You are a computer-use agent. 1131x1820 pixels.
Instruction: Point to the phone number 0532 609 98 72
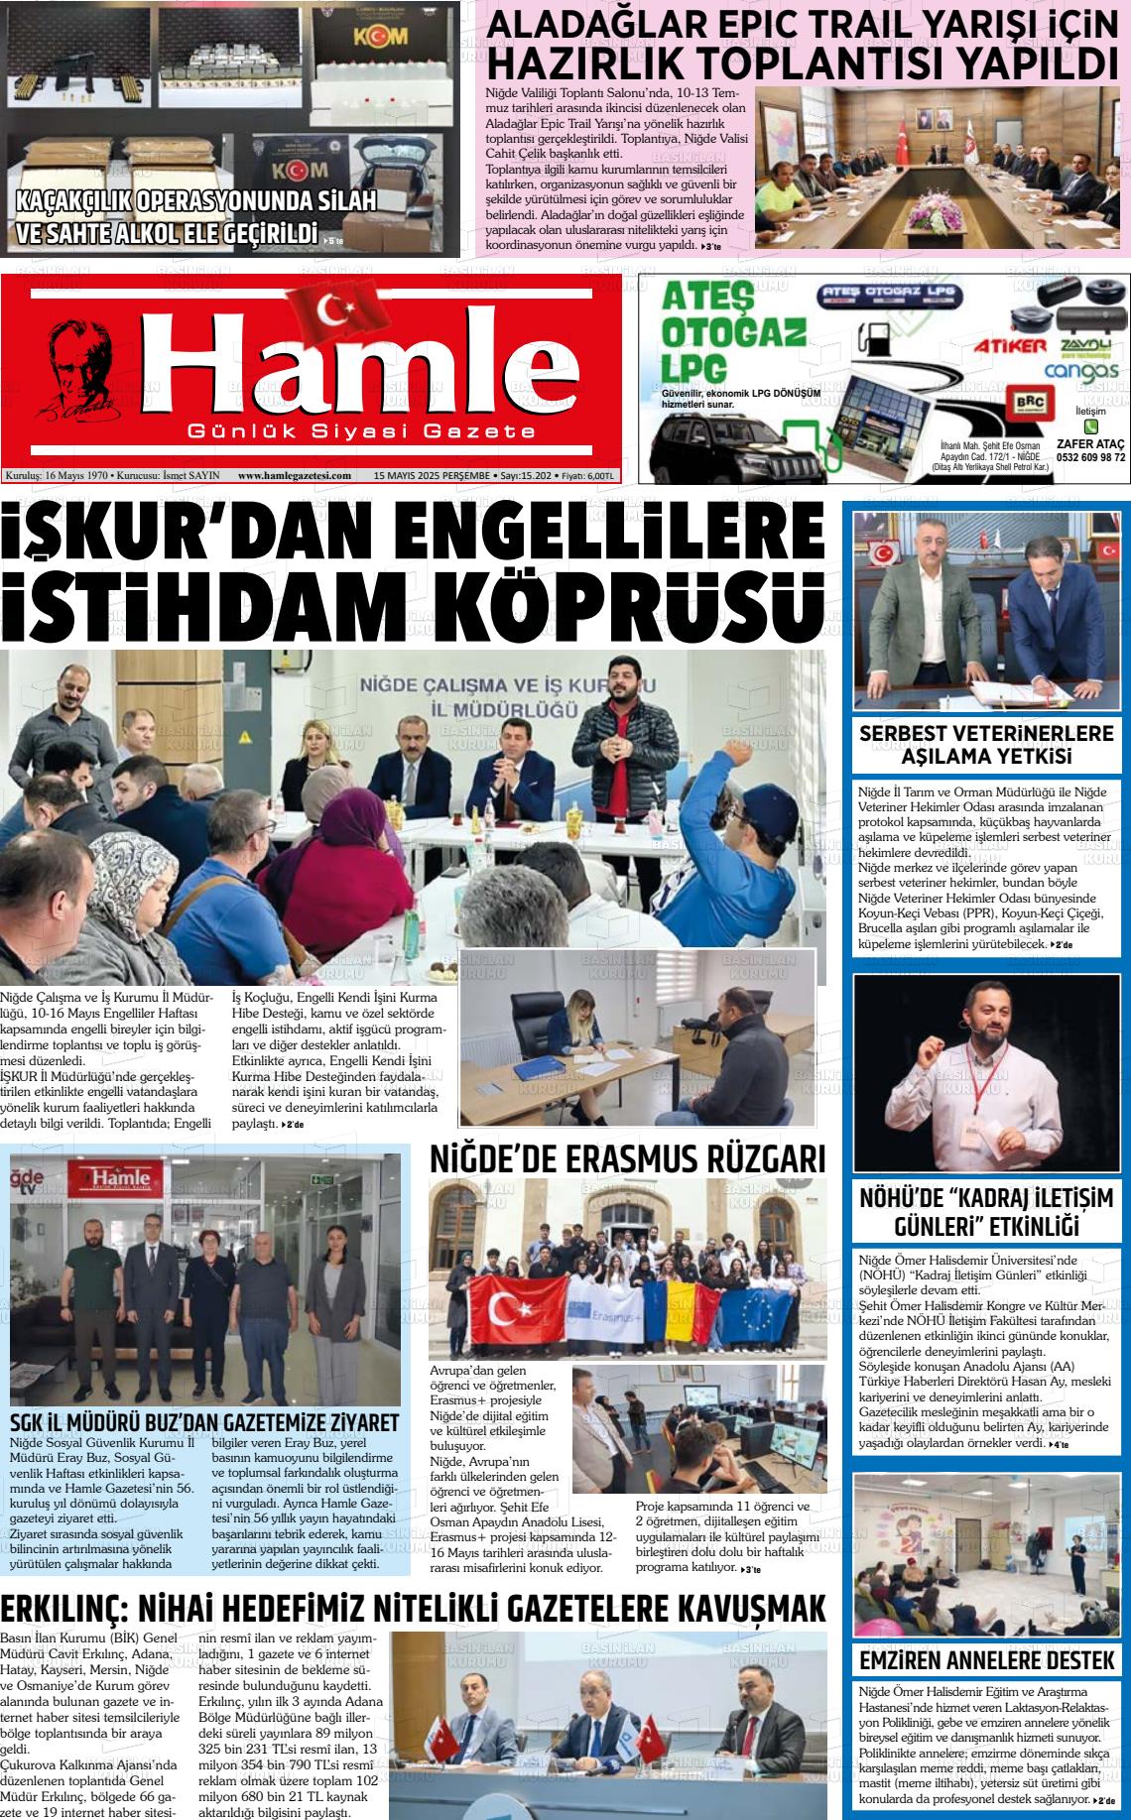click(1090, 458)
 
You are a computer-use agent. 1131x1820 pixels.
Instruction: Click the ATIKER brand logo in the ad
click(1009, 346)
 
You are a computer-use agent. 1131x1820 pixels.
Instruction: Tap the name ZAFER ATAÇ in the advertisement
click(1090, 443)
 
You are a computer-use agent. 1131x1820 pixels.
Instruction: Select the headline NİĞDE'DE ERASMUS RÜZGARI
click(627, 1158)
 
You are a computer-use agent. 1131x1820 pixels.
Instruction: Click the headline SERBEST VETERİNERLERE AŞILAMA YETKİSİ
click(986, 746)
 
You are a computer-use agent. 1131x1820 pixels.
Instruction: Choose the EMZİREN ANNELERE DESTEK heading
click(986, 1660)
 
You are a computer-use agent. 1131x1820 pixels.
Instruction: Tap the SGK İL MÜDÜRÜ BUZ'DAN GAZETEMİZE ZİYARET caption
click(204, 1422)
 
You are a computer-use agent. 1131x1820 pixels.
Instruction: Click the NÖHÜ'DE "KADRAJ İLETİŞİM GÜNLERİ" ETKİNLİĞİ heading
click(986, 1210)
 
